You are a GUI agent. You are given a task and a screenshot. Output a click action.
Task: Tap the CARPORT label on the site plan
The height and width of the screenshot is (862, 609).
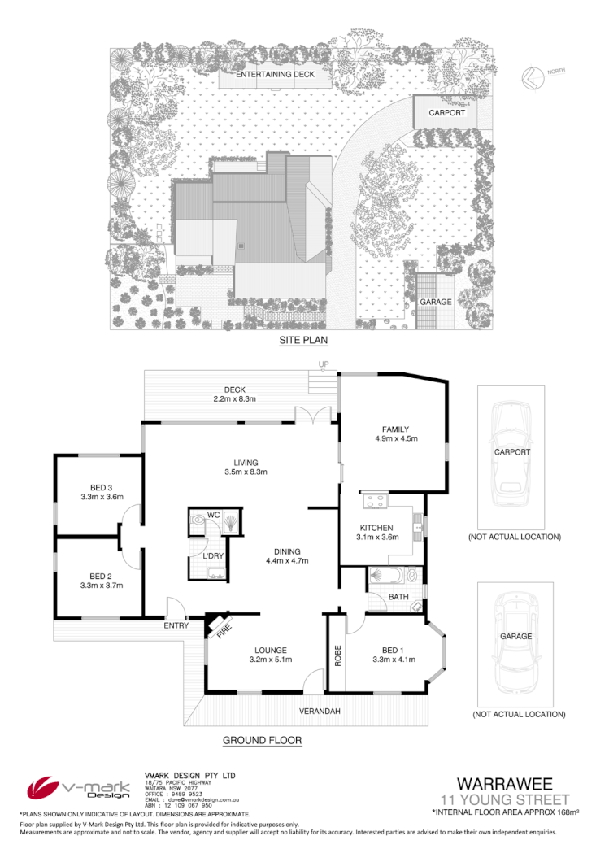click(447, 113)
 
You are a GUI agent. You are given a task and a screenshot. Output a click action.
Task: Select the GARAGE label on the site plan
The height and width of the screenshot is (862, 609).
click(436, 302)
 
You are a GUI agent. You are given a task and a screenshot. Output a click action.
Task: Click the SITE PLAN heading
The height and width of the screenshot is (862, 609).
click(302, 341)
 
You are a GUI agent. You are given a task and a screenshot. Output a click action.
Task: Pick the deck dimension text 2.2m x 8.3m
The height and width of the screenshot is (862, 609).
click(234, 398)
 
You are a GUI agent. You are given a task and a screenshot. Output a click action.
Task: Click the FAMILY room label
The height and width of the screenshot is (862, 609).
click(396, 429)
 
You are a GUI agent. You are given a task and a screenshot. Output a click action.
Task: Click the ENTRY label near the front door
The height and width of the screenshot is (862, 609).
click(176, 625)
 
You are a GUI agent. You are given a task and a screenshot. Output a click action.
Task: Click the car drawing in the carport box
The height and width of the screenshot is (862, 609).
click(511, 455)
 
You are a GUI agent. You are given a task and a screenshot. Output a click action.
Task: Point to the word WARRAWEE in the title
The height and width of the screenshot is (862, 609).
click(504, 784)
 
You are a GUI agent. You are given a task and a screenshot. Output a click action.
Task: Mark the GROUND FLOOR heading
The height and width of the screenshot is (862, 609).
click(262, 740)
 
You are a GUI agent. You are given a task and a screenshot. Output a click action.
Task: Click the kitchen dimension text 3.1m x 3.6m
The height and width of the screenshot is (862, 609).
click(376, 538)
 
